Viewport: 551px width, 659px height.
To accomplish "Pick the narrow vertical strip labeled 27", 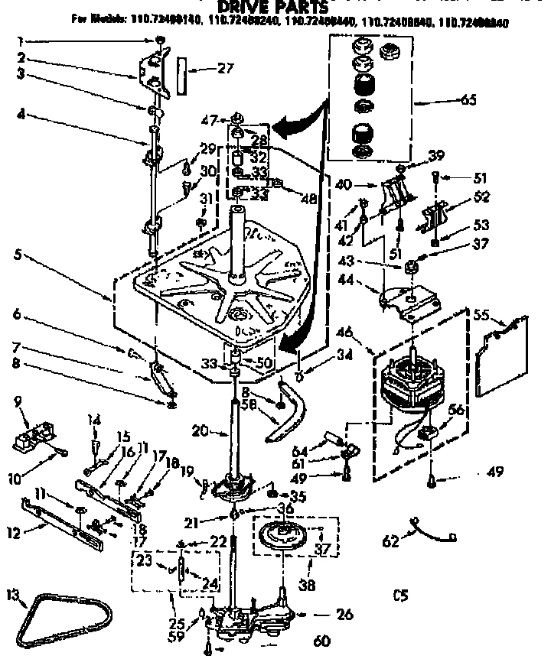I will (181, 75).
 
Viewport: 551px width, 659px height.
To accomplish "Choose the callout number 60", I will (322, 640).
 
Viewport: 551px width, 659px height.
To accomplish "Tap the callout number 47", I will (224, 119).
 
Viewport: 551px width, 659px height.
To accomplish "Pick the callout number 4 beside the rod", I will (21, 116).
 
